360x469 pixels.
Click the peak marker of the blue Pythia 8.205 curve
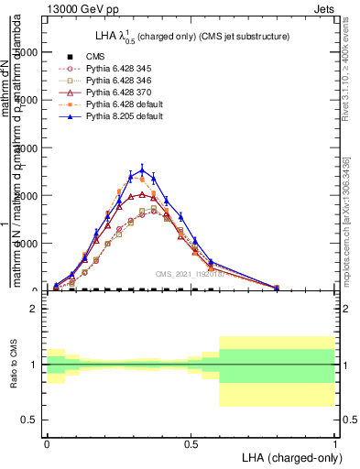(141, 169)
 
